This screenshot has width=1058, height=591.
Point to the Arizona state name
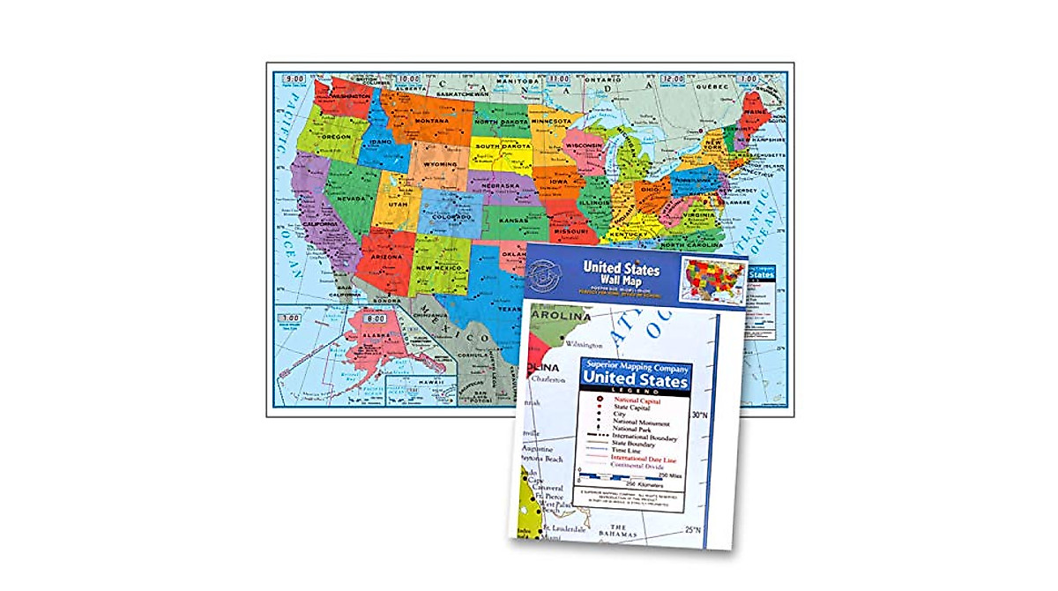(386, 257)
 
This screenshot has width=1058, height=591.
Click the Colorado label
(451, 214)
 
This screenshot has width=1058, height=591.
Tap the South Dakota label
(500, 146)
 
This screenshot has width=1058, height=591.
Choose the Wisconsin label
(583, 145)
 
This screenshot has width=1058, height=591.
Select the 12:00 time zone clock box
(673, 79)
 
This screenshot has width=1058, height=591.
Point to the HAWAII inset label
(427, 381)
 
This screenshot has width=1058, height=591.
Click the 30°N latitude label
(700, 415)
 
